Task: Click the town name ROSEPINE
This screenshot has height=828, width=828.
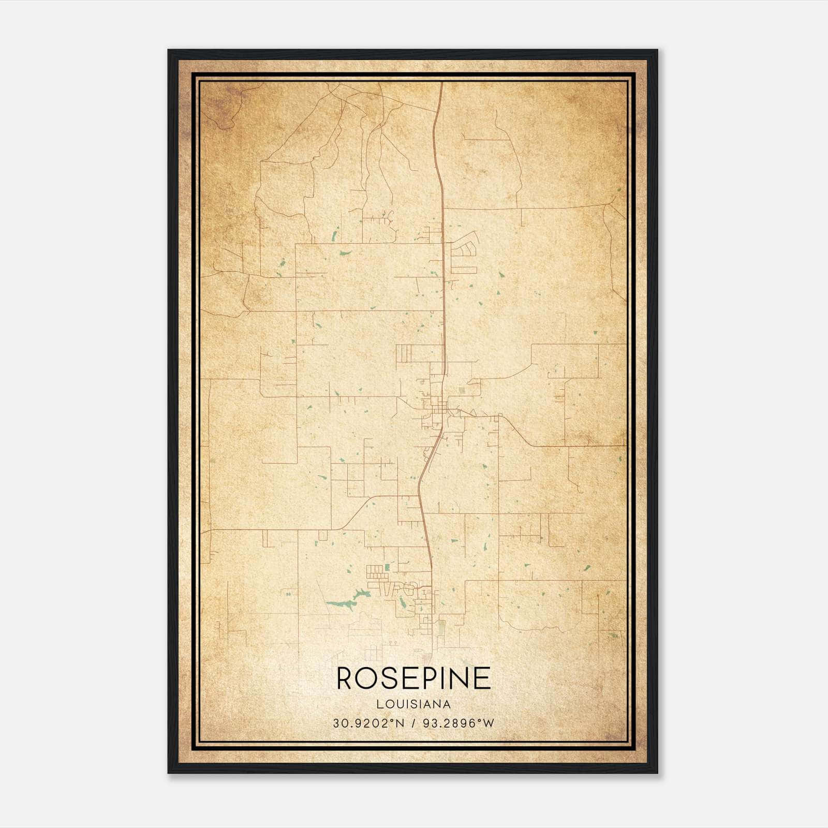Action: (x=413, y=678)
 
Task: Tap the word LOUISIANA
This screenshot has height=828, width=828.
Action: (x=413, y=704)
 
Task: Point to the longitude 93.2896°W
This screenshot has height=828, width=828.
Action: (x=459, y=723)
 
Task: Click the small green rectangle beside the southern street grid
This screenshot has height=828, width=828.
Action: (x=387, y=568)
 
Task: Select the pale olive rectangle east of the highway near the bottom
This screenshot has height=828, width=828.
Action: (x=441, y=628)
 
